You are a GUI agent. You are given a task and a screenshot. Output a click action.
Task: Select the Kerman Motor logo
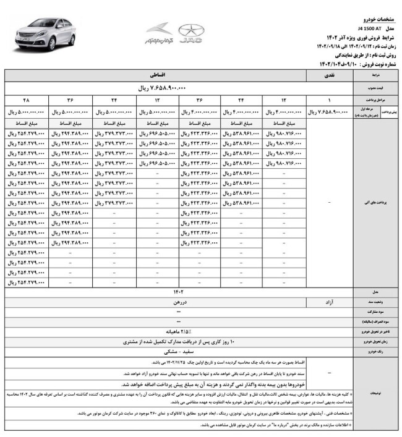158,36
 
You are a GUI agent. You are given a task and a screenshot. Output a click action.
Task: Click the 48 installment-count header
26,100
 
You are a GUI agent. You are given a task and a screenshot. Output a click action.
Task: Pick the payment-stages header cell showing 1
329,100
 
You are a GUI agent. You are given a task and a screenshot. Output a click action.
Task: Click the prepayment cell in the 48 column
26,112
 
